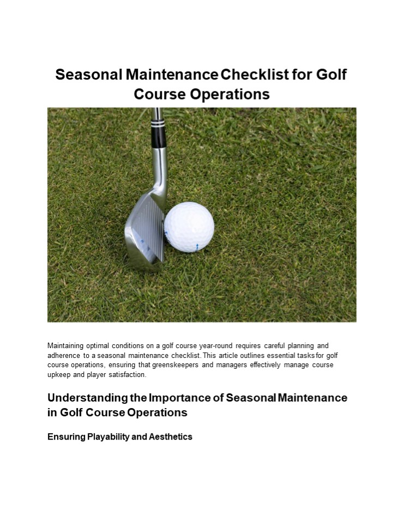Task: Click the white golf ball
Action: [189, 227]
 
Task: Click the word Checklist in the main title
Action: [254, 75]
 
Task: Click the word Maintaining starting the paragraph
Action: [65, 345]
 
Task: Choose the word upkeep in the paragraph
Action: [58, 375]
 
